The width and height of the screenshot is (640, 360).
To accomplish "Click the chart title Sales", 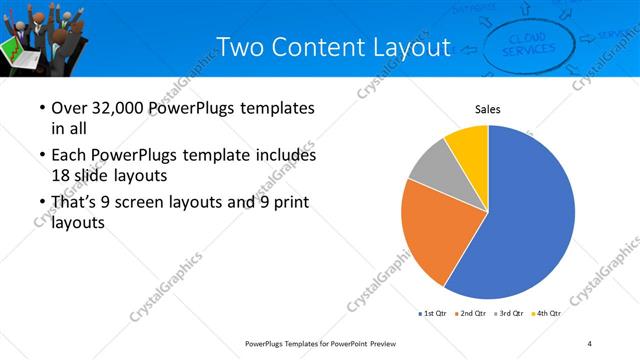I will [x=487, y=110].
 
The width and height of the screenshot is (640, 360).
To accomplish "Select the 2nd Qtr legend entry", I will [x=471, y=314].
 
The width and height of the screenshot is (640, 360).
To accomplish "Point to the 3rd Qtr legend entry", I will [x=509, y=314].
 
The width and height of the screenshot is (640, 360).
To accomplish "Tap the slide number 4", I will [x=590, y=344].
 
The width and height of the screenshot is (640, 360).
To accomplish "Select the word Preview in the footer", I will [x=381, y=344].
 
